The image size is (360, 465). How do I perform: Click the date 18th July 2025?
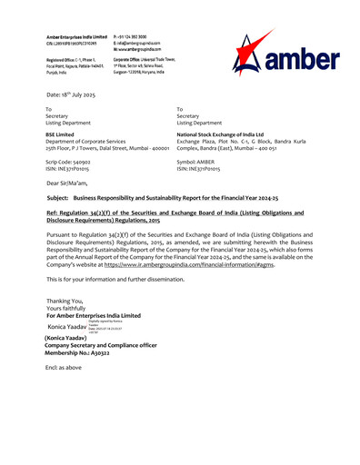point(77,94)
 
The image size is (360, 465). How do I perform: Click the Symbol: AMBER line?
point(202,161)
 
